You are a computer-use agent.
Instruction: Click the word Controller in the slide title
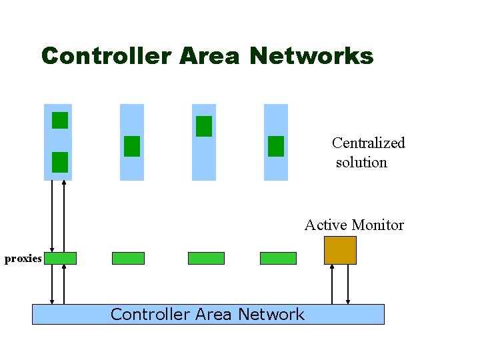click(x=106, y=56)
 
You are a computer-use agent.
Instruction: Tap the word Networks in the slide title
click(x=311, y=56)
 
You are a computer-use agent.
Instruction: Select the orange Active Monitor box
click(x=340, y=250)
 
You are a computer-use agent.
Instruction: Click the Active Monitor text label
click(x=354, y=225)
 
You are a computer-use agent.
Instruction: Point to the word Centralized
click(x=368, y=143)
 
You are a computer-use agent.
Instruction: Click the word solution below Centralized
click(x=361, y=162)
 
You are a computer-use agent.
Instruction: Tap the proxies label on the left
click(x=23, y=259)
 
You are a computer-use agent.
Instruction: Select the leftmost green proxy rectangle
click(x=60, y=258)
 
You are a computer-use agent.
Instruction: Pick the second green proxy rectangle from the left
click(x=128, y=258)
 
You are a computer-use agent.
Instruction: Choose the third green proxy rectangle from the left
click(x=206, y=258)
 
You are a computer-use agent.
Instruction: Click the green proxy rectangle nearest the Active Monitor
click(x=278, y=258)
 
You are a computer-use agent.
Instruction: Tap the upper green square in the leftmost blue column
click(x=60, y=120)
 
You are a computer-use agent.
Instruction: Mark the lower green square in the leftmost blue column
click(x=60, y=162)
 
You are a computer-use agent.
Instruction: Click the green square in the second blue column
click(x=132, y=146)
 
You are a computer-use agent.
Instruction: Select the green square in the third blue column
click(x=204, y=126)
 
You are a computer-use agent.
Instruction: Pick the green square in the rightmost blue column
click(x=276, y=146)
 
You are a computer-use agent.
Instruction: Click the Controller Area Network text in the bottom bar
click(x=207, y=314)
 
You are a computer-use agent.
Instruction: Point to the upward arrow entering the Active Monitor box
click(x=332, y=284)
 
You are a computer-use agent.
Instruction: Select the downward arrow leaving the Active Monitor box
click(x=347, y=284)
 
